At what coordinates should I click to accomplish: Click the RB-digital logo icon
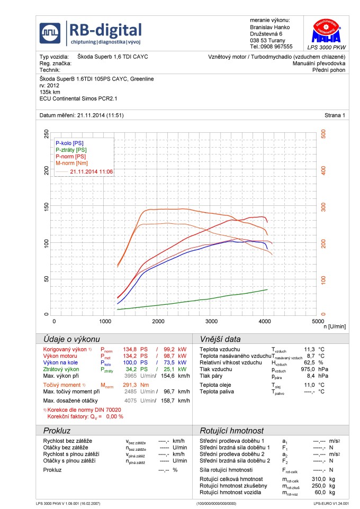(51, 32)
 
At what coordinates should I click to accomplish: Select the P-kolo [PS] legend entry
(69, 143)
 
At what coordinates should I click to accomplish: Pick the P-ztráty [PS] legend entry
(71, 150)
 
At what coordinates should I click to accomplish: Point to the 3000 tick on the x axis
(211, 321)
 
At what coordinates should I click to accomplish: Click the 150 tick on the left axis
(46, 206)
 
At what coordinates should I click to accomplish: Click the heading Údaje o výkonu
(72, 339)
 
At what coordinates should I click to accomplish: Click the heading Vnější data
(220, 339)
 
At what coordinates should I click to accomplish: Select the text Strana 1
(335, 115)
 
